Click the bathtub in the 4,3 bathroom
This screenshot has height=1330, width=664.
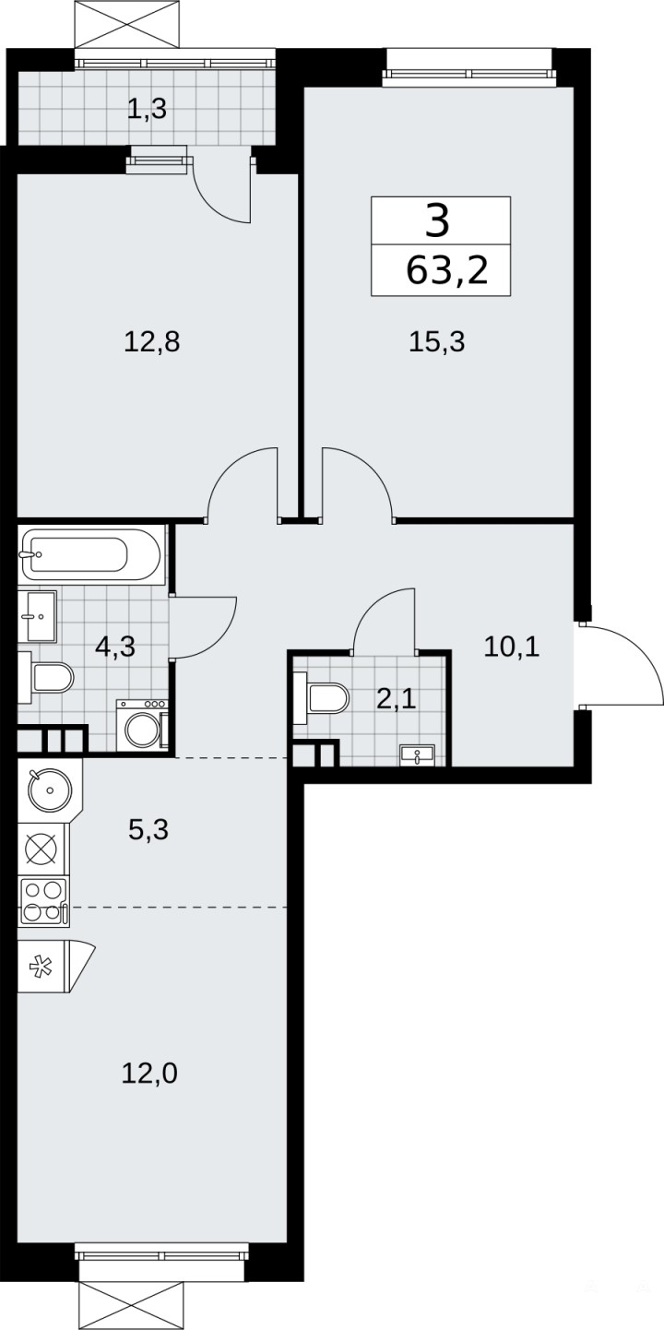click(x=91, y=554)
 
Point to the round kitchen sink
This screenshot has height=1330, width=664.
click(x=50, y=790)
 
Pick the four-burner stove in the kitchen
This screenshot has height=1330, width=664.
click(x=41, y=902)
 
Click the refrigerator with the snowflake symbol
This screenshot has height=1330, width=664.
click(x=53, y=966)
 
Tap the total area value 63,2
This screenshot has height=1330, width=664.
click(x=447, y=271)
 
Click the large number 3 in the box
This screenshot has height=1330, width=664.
click(x=438, y=220)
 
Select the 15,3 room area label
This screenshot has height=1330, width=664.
click(x=436, y=342)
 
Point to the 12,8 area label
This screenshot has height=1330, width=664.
click(x=151, y=342)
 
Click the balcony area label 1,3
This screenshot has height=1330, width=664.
click(x=147, y=109)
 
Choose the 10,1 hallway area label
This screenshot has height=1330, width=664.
click(x=511, y=647)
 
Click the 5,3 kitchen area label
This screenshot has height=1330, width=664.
click(x=148, y=829)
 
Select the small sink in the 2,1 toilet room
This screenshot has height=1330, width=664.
click(x=417, y=754)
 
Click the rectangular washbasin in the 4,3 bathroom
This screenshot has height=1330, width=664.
click(x=37, y=616)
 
